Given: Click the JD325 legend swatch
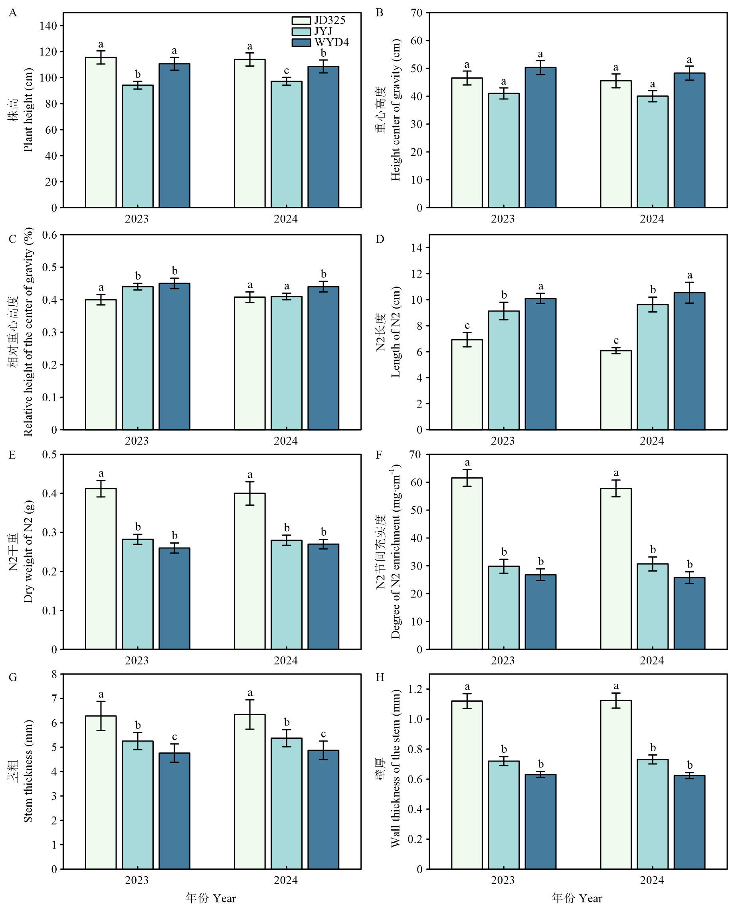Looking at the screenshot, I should coord(301,20).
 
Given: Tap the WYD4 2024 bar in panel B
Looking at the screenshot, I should coord(689,140).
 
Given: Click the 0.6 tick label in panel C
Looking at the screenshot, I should coord(49,235).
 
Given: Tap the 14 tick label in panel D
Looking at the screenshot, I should coord(417,248).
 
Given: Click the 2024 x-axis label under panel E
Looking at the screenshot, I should coord(285,661).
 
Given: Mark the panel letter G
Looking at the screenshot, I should coord(13,678).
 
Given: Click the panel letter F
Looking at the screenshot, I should coord(379,455).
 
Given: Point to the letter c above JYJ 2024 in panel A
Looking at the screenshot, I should coord(287,70).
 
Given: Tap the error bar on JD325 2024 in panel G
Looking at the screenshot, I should coord(249,714).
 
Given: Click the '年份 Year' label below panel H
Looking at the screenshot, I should coord(577,898).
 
